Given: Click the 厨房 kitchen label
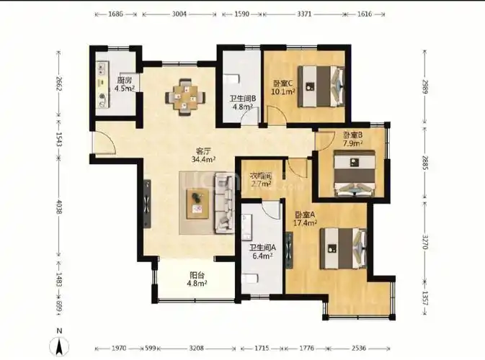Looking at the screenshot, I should click(x=123, y=80).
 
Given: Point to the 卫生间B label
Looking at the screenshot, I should click(x=241, y=99).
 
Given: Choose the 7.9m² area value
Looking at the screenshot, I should click(x=352, y=143).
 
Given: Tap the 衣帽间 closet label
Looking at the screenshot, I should click(x=260, y=176).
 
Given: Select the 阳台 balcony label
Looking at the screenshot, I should click(x=197, y=274).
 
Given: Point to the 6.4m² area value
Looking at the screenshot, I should click(x=260, y=256).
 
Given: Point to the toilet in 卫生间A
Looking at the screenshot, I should click(x=251, y=279).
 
